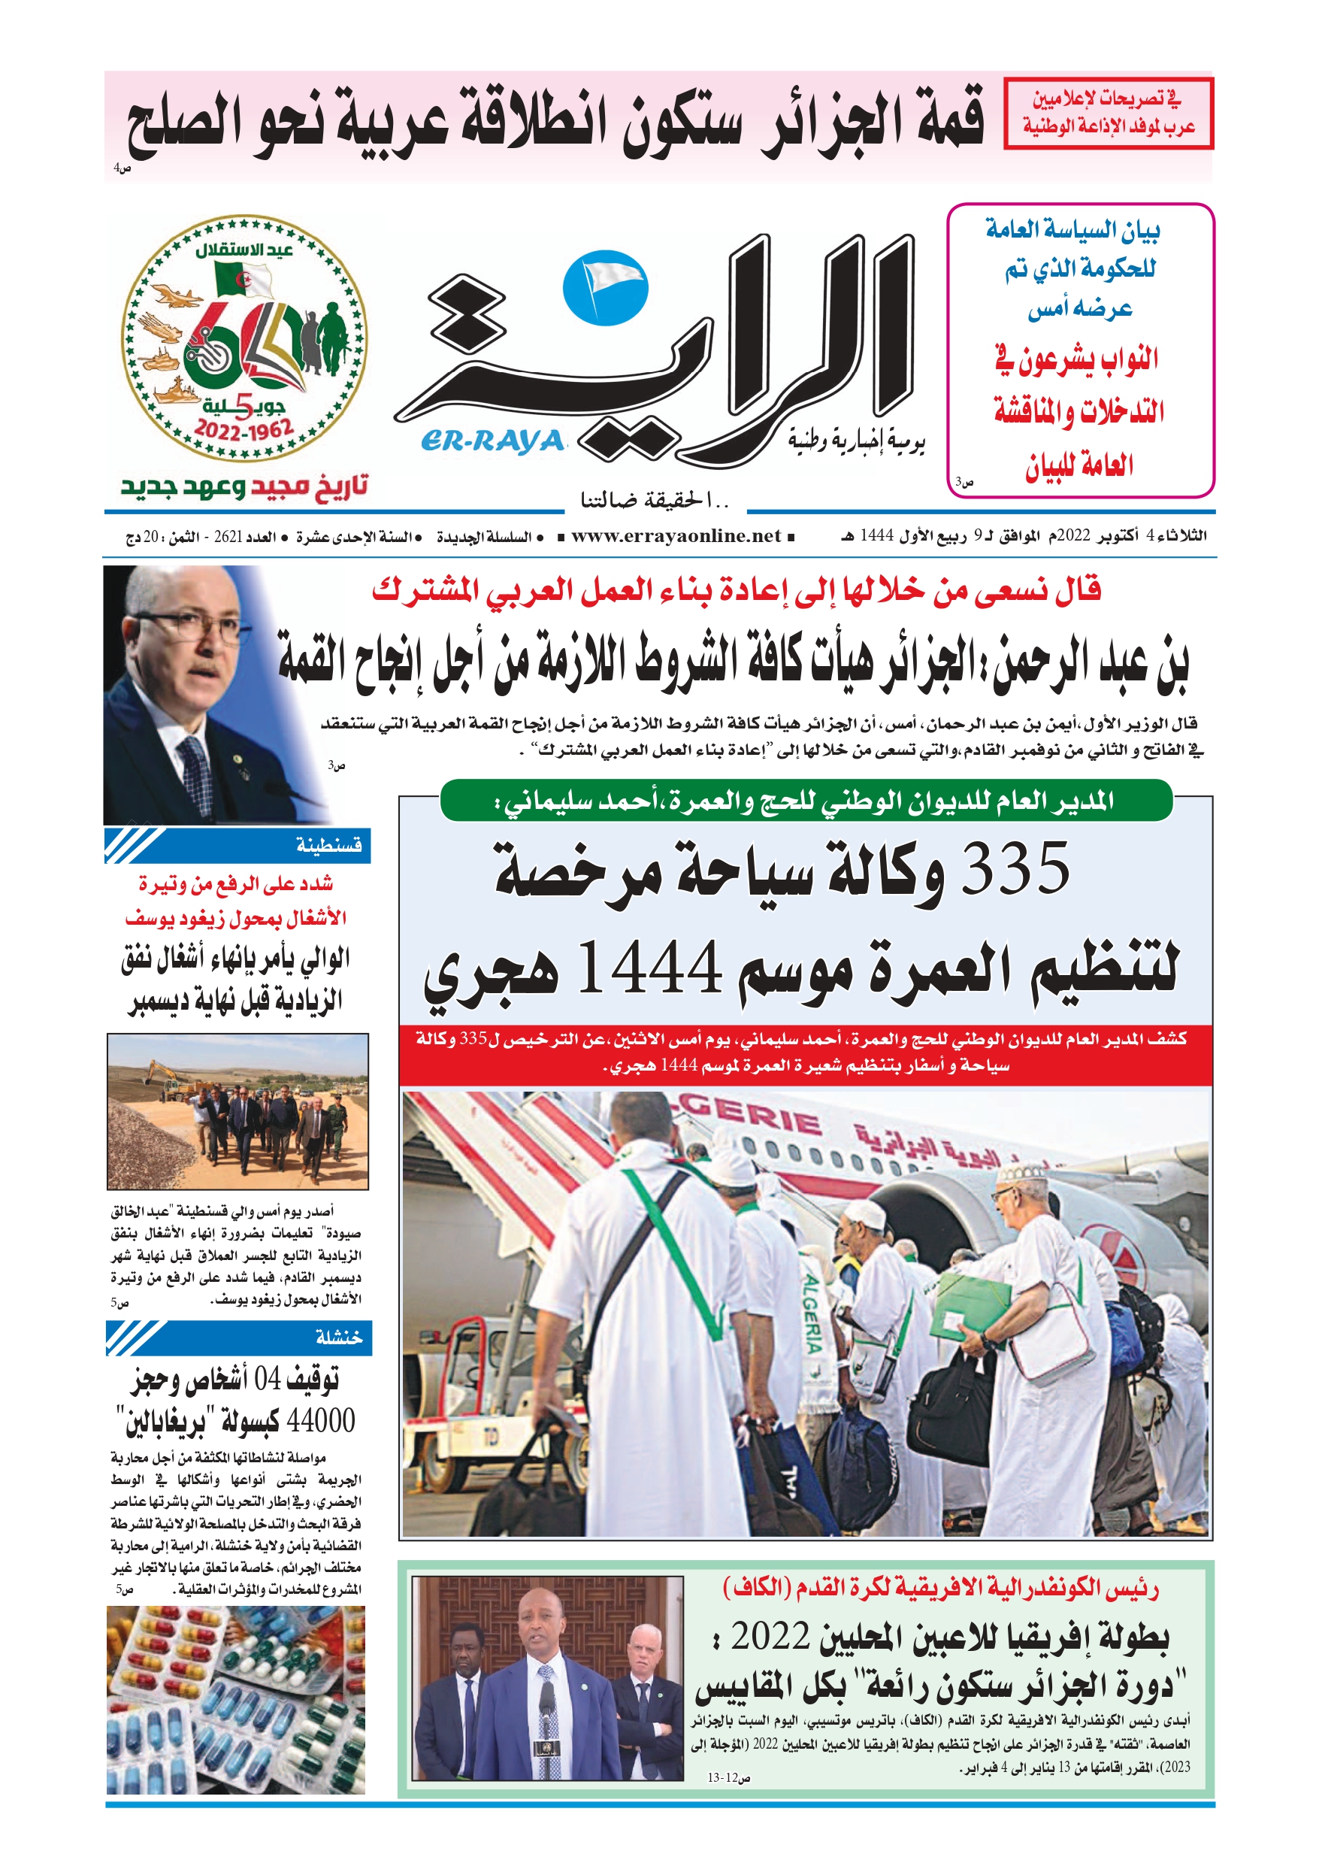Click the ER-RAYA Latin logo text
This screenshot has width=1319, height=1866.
(492, 441)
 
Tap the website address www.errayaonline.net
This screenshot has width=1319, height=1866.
(676, 535)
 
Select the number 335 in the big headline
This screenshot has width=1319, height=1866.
(1015, 869)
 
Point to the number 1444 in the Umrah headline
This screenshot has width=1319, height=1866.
(649, 967)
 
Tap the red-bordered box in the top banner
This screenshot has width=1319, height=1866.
(1108, 113)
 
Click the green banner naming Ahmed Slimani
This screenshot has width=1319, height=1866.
(806, 801)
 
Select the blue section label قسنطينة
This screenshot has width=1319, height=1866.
(328, 846)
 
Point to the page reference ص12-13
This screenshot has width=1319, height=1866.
(728, 1777)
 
